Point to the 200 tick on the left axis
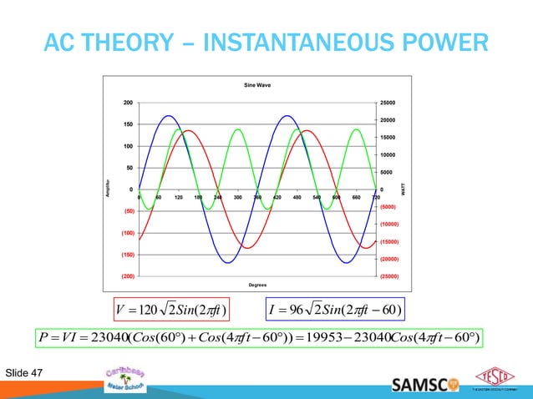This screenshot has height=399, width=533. (128, 103)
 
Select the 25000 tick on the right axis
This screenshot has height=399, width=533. (390, 103)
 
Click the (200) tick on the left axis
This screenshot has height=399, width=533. (126, 275)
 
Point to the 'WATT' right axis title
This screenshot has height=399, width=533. (405, 190)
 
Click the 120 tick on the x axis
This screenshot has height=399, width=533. (179, 198)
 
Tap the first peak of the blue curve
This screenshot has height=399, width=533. (168, 116)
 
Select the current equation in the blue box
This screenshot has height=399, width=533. (334, 314)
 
